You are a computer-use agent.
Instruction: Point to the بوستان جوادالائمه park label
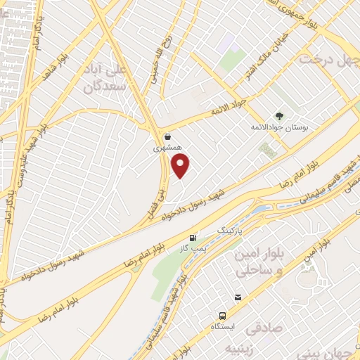coord(281,128)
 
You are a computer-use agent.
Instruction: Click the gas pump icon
coord(193,238)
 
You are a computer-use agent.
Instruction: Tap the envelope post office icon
coord(238,298)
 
